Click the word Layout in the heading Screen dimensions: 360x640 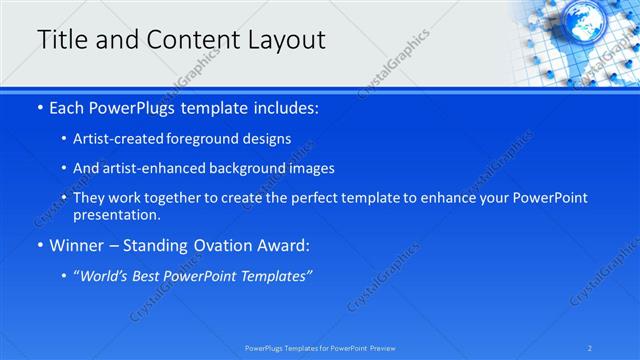click(286, 40)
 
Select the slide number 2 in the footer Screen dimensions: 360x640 click(590, 348)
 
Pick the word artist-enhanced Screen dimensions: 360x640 click(148, 168)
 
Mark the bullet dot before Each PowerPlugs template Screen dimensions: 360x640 click(39, 107)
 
